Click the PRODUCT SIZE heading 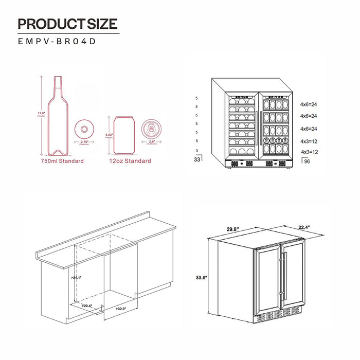pos(67,24)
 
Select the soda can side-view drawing pos(123,135)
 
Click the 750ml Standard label pos(62,161)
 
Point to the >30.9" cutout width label pos(121,309)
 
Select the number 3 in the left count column pos(197,150)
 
